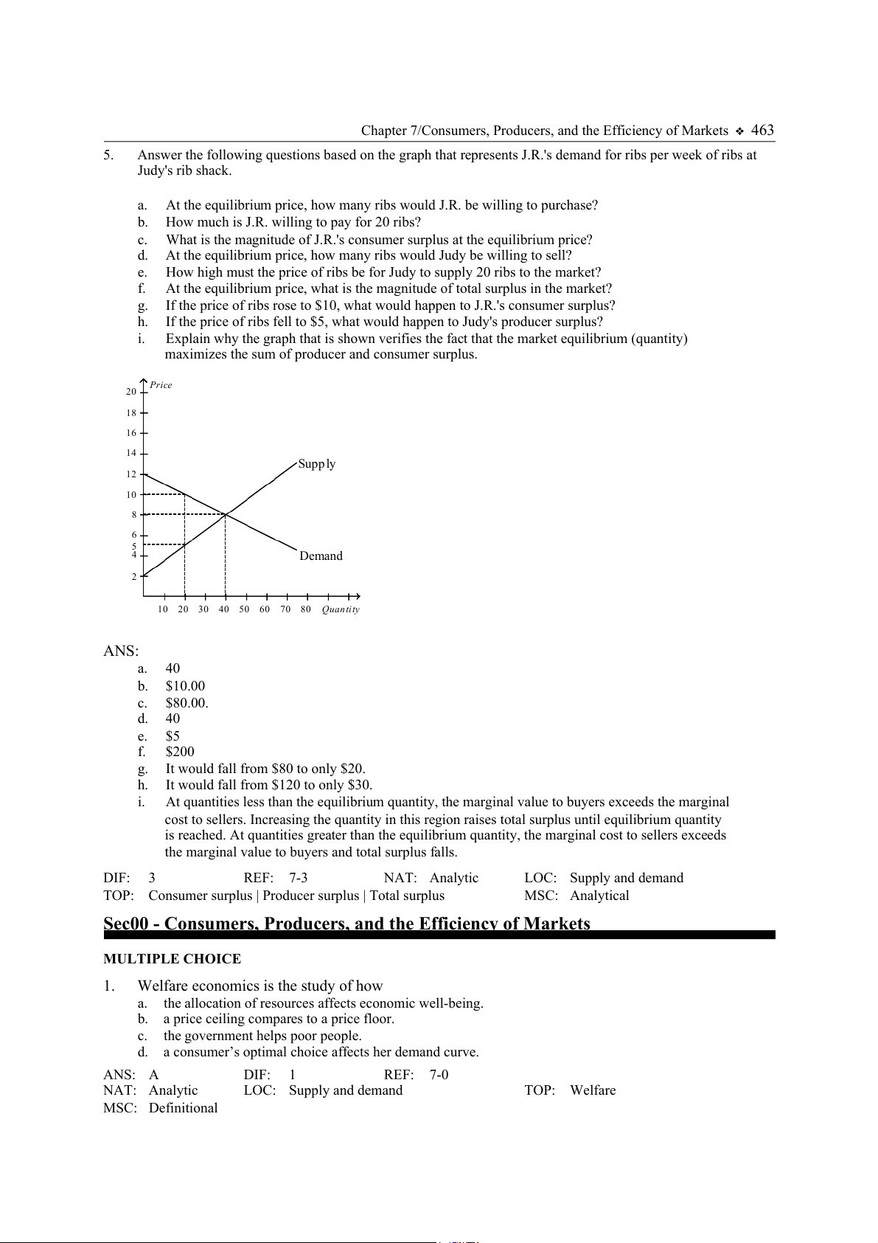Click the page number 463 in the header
tap(762, 131)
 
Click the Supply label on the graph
tap(317, 464)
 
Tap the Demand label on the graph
tap(321, 556)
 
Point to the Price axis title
tap(161, 385)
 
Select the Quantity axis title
tap(341, 609)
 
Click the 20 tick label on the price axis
tap(131, 392)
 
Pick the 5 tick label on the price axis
tap(134, 546)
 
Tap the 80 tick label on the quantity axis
tap(305, 609)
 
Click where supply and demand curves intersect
tap(226, 514)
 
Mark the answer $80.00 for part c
tap(187, 703)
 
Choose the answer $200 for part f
tap(180, 752)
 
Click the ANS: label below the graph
tap(121, 651)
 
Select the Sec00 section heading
tap(346, 924)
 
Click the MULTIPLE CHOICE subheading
tap(172, 959)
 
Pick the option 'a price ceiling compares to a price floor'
tap(279, 1019)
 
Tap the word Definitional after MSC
tap(183, 1108)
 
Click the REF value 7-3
tap(298, 878)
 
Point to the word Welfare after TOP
tap(593, 1090)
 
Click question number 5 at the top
tap(108, 155)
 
